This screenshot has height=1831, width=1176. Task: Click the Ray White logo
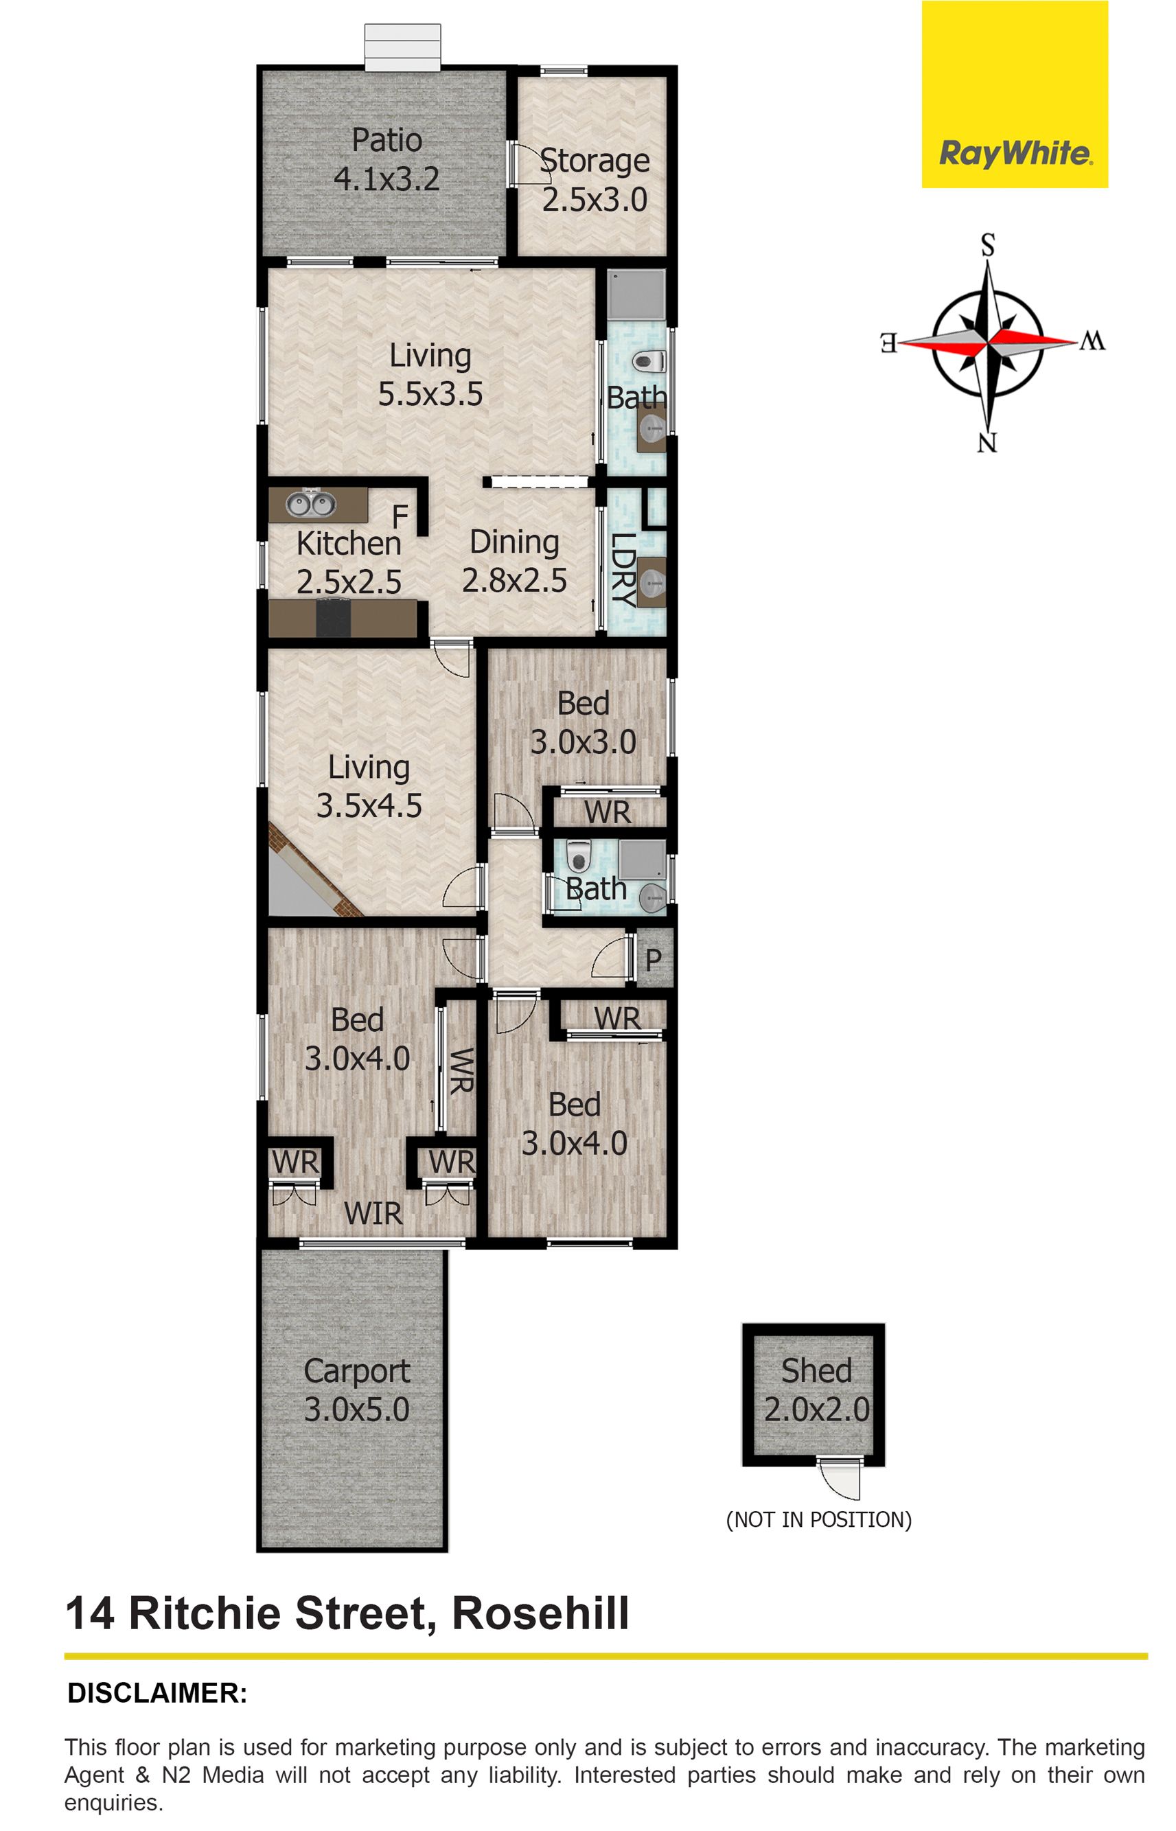coord(1014,95)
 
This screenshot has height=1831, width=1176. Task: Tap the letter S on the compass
coord(988,246)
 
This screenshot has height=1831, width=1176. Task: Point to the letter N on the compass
coord(987,443)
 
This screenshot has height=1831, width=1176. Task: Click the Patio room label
coord(387,141)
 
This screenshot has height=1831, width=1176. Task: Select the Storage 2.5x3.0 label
coord(595,180)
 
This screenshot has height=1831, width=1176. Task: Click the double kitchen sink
coord(310,504)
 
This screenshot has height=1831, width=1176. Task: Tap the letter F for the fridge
coord(400,517)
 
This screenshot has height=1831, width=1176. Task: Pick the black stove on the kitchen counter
coord(333,618)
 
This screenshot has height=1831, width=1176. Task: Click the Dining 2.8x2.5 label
coord(514,561)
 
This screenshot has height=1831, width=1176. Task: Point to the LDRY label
coord(625,570)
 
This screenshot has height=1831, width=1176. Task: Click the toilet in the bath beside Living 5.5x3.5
coord(649,360)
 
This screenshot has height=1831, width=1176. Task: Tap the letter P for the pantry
coord(653,960)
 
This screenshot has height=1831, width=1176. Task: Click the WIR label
coord(373,1214)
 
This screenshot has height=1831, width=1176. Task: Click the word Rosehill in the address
coord(541,1613)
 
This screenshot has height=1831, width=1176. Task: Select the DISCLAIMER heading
coord(157,1693)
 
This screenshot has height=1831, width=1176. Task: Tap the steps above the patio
coord(402,47)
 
